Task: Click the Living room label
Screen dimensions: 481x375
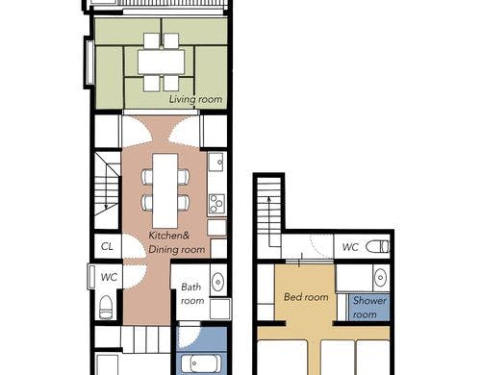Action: coord(195,99)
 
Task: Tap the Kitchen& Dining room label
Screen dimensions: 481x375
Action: coord(176,242)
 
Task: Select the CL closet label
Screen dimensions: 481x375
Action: coord(107,246)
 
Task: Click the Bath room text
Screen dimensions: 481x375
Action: coord(192,293)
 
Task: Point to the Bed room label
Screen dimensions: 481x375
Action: coord(306,297)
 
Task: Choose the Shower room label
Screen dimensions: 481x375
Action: coord(369,308)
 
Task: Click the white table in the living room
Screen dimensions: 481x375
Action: coord(162,62)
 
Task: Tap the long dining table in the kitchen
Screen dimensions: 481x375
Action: coord(165,190)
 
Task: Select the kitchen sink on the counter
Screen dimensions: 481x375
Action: coord(215,162)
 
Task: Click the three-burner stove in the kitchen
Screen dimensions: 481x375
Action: coord(216,204)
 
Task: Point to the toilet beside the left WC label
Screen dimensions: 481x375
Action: coord(106,307)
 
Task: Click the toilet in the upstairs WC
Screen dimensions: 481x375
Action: coord(378,247)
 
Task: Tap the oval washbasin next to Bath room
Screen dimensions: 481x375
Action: coord(218,282)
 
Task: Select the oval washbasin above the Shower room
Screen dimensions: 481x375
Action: coord(380,278)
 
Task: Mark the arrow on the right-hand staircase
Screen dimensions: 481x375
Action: coord(269,221)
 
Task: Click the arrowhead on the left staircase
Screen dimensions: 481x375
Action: coord(106,208)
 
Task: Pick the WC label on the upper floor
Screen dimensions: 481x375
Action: coord(350,247)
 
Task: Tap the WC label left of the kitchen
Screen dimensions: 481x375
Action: coord(109,277)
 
